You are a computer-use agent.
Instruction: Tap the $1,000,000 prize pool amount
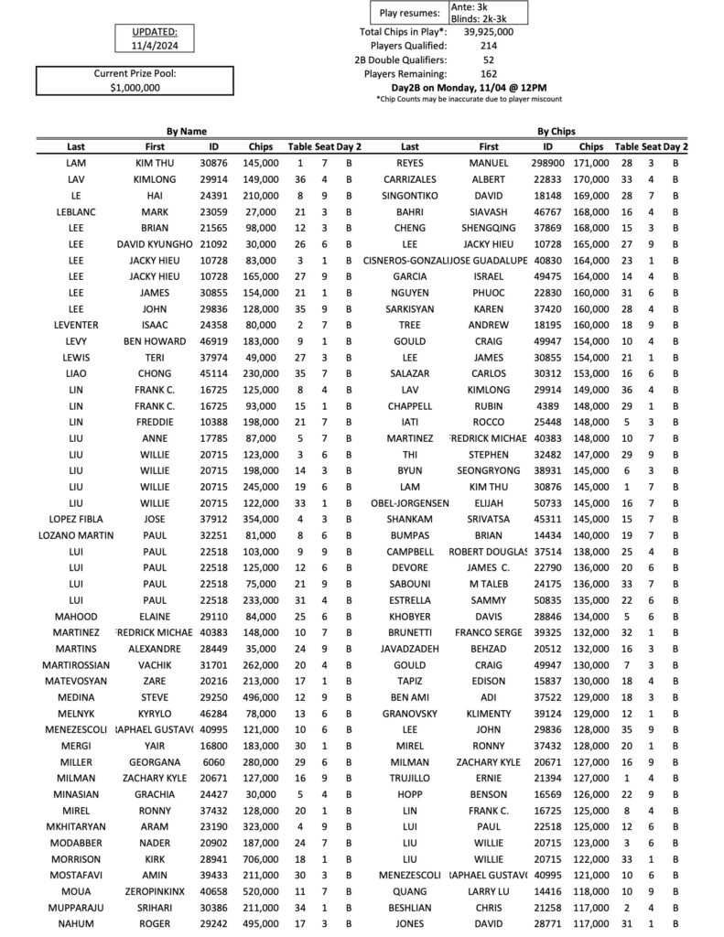(135, 87)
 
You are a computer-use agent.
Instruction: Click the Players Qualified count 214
(488, 45)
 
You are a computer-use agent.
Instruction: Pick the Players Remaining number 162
(488, 73)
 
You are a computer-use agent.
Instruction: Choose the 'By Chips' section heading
(556, 132)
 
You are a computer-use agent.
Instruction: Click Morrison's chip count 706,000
(260, 859)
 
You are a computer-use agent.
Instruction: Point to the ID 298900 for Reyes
(548, 163)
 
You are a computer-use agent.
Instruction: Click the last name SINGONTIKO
(410, 195)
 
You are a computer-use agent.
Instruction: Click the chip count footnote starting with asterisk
(469, 99)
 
